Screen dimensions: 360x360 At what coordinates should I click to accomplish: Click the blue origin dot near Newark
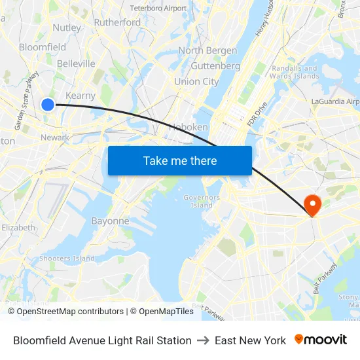pyautogui.click(x=48, y=104)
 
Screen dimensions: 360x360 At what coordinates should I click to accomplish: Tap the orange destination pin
pyautogui.click(x=312, y=206)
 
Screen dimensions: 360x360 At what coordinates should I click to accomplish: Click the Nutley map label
pyautogui.click(x=67, y=27)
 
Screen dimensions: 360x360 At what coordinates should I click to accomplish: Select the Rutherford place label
pyautogui.click(x=117, y=22)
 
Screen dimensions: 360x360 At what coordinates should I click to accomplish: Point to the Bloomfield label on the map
pyautogui.click(x=43, y=47)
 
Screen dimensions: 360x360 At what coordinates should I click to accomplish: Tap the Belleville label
pyautogui.click(x=76, y=63)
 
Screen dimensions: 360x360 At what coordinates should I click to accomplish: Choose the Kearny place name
pyautogui.click(x=81, y=95)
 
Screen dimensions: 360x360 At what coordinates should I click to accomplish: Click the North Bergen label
pyautogui.click(x=207, y=50)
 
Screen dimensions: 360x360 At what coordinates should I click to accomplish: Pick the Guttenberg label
pyautogui.click(x=215, y=66)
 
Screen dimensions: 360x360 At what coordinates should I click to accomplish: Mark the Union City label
pyautogui.click(x=196, y=82)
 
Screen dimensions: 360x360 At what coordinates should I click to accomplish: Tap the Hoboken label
pyautogui.click(x=189, y=127)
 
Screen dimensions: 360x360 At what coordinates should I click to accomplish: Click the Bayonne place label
pyautogui.click(x=110, y=221)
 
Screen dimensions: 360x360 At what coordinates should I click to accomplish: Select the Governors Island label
pyautogui.click(x=202, y=201)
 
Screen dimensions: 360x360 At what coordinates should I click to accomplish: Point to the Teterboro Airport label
pyautogui.click(x=158, y=9)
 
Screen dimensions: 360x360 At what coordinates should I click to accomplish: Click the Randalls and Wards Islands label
pyautogui.click(x=295, y=72)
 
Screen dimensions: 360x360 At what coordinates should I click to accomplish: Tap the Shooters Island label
pyautogui.click(x=67, y=259)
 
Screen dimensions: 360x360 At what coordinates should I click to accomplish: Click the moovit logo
pyautogui.click(x=321, y=340)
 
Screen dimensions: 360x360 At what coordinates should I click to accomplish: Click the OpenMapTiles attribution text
pyautogui.click(x=162, y=312)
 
